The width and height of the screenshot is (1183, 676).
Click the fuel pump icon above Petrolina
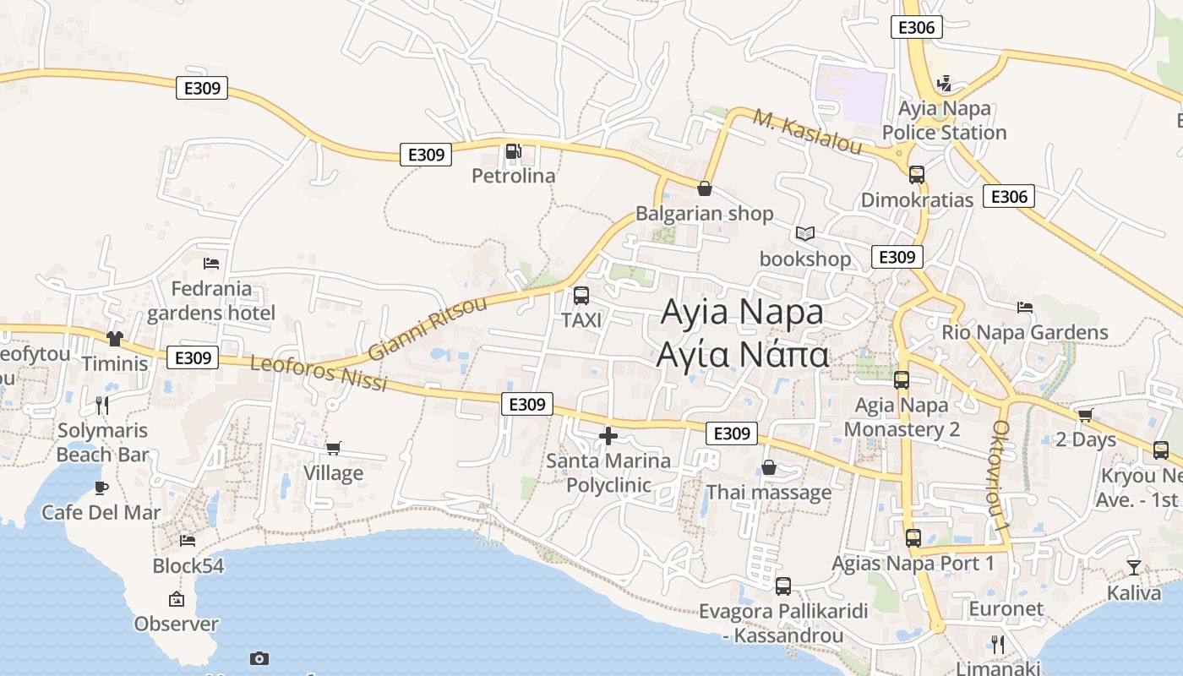click(513, 152)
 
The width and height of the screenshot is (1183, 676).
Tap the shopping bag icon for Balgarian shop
click(704, 188)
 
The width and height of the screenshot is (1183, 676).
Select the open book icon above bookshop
click(805, 233)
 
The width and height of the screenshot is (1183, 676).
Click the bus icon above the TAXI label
click(581, 296)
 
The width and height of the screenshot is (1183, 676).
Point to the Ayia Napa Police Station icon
click(945, 84)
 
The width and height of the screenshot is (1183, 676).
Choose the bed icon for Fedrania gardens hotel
click(211, 264)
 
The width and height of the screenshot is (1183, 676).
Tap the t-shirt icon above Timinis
click(115, 339)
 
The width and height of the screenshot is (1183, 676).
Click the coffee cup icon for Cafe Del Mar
click(101, 488)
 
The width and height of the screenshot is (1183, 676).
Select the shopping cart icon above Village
click(334, 448)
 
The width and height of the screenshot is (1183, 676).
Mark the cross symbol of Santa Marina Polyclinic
click(608, 436)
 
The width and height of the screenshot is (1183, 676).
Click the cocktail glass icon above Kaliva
click(1133, 568)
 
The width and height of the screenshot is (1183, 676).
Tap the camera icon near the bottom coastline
click(259, 658)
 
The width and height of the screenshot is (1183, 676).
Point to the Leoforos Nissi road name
click(319, 373)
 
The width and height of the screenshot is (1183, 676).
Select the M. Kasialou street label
click(808, 134)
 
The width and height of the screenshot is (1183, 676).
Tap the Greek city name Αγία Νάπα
click(743, 355)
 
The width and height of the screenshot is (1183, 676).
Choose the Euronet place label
click(1006, 608)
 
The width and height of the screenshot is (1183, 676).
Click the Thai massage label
click(768, 492)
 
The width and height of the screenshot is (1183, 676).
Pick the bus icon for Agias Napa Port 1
click(913, 538)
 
